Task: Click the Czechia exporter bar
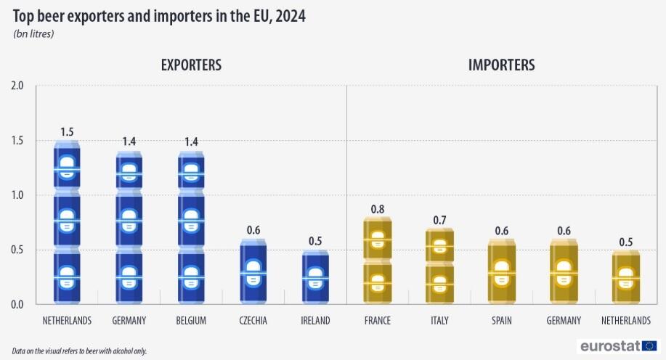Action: coord(253,271)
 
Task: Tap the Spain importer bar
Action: coord(501,271)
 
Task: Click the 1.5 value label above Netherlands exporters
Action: coord(67,132)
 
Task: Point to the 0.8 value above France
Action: coord(378,209)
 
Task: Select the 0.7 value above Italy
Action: coord(439,220)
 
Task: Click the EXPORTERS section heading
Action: coord(191,65)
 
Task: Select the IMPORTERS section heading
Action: coord(502,65)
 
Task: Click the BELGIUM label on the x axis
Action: coord(191,321)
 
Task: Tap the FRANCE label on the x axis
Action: coord(378,321)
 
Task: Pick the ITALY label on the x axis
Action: coord(439,321)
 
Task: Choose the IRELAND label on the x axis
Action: coord(315,321)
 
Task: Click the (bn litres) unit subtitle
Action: coord(34,33)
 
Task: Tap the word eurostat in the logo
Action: coord(609,346)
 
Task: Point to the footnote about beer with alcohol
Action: coord(79,351)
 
